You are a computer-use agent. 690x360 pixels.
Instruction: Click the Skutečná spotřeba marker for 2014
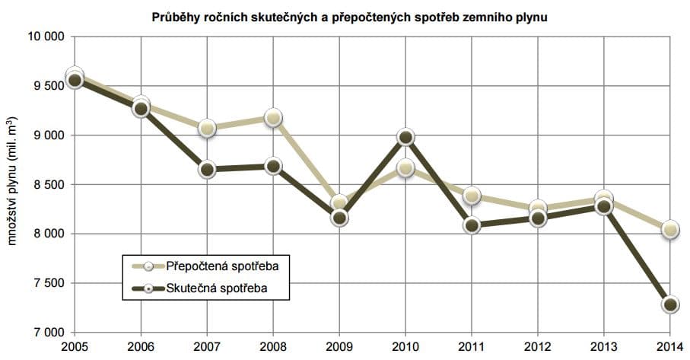[670, 304]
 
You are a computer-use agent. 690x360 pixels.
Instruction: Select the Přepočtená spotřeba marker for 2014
[670, 229]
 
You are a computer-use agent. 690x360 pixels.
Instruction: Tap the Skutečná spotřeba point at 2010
[405, 137]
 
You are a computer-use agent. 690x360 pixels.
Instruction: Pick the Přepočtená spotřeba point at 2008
[273, 117]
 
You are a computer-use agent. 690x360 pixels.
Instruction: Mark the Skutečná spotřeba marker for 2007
[207, 169]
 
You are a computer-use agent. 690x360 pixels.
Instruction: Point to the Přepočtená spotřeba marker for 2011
[472, 196]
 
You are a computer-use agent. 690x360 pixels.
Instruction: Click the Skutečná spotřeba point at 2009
[339, 218]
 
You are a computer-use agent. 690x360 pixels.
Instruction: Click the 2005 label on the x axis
[75, 347]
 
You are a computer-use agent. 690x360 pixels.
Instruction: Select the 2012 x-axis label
[538, 347]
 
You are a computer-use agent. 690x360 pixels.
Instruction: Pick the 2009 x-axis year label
[339, 347]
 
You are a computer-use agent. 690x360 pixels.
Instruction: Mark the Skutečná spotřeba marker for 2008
[273, 166]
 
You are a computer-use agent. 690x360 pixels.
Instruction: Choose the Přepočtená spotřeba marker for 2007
[207, 128]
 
